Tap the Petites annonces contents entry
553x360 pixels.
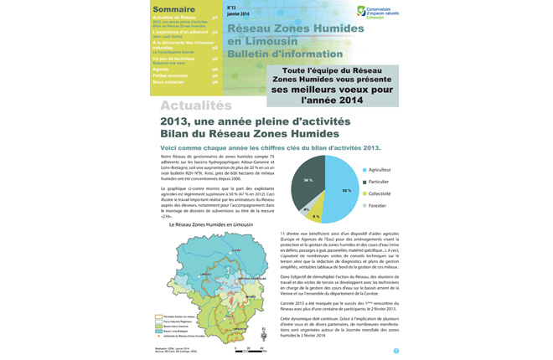point(171,75)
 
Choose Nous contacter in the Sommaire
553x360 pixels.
point(168,82)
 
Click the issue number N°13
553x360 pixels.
point(232,8)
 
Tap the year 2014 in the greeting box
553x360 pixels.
point(350,100)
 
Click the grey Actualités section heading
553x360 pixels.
point(195,105)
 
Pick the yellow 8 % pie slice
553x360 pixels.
point(317,214)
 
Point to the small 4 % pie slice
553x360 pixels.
point(306,208)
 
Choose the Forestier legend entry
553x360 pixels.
point(376,205)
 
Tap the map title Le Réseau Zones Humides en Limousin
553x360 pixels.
point(210,224)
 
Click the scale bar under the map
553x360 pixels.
point(249,348)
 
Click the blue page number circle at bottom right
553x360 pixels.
point(396,351)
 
